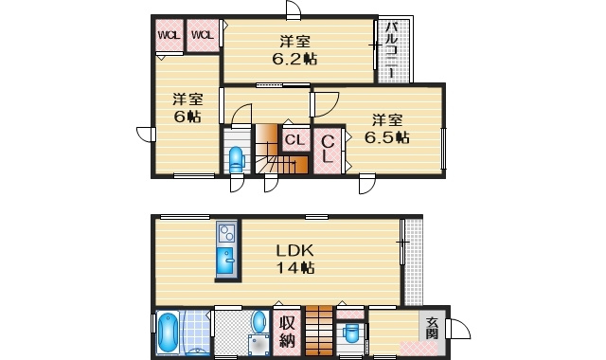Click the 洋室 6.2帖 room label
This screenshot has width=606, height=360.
pos(294,50)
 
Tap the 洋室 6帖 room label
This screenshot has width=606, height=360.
pos(187,107)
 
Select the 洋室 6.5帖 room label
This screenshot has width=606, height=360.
pos(387,129)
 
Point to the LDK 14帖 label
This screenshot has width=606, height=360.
pos(294,259)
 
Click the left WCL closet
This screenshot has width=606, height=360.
pos(169,35)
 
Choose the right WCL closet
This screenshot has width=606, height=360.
pos(203,35)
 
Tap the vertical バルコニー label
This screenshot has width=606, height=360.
pos(393,50)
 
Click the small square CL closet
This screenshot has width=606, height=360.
pos(295,140)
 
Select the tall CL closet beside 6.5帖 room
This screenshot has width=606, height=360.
pos(328,151)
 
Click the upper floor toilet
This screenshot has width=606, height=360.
pos(236,159)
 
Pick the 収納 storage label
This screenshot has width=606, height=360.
pos(287,332)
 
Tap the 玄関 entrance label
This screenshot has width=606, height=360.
pos(432,328)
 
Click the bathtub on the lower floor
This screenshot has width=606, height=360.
pos(169,333)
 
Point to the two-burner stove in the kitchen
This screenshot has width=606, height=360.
pos(225,233)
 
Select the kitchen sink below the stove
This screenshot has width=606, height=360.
pos(225,261)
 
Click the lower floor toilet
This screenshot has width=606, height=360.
pos(351,333)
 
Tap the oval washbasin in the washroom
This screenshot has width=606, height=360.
pos(260,321)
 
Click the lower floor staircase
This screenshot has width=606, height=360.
pos(319,331)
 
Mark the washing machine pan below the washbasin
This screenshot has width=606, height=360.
pos(258,345)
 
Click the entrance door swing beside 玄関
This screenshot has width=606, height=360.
pos(458,329)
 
